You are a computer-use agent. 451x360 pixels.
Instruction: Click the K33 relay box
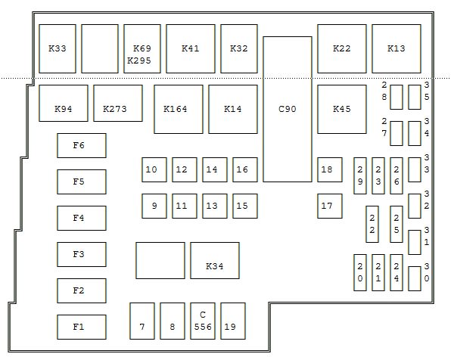58,48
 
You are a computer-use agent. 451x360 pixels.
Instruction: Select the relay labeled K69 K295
142,48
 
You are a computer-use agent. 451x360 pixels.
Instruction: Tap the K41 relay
191,48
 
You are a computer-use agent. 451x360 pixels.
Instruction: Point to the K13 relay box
397,48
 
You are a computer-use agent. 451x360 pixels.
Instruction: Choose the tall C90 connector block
288,109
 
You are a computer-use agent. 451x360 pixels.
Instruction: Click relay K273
118,103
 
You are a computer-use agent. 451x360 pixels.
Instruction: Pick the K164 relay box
179,109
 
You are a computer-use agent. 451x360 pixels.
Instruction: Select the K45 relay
342,109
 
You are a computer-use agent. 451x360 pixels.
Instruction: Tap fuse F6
82,145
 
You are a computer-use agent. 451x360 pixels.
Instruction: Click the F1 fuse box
82,327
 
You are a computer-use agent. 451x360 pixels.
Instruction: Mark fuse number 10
154,169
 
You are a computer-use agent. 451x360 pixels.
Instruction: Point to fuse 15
245,206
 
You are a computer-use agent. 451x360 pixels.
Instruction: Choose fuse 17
330,206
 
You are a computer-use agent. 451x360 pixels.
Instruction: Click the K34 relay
215,260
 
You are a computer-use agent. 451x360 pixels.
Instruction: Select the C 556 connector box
203,321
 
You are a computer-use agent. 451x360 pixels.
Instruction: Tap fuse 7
142,321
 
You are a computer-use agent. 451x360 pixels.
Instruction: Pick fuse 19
233,321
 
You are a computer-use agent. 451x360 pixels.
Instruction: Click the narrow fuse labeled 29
360,175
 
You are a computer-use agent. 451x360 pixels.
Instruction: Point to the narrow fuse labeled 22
372,224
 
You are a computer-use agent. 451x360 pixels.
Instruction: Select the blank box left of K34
160,260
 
